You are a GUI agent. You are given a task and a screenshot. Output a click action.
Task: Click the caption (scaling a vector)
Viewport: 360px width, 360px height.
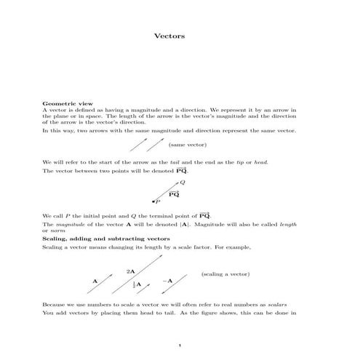pos(225,274)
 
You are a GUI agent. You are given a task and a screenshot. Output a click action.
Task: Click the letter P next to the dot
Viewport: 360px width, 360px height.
pos(157,202)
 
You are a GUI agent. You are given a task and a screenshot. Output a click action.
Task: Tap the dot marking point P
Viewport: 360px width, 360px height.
pos(152,200)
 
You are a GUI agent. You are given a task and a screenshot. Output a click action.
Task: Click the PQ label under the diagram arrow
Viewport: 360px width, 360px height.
pos(174,195)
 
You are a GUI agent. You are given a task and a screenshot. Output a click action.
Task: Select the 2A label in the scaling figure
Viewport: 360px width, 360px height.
pos(130,271)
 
